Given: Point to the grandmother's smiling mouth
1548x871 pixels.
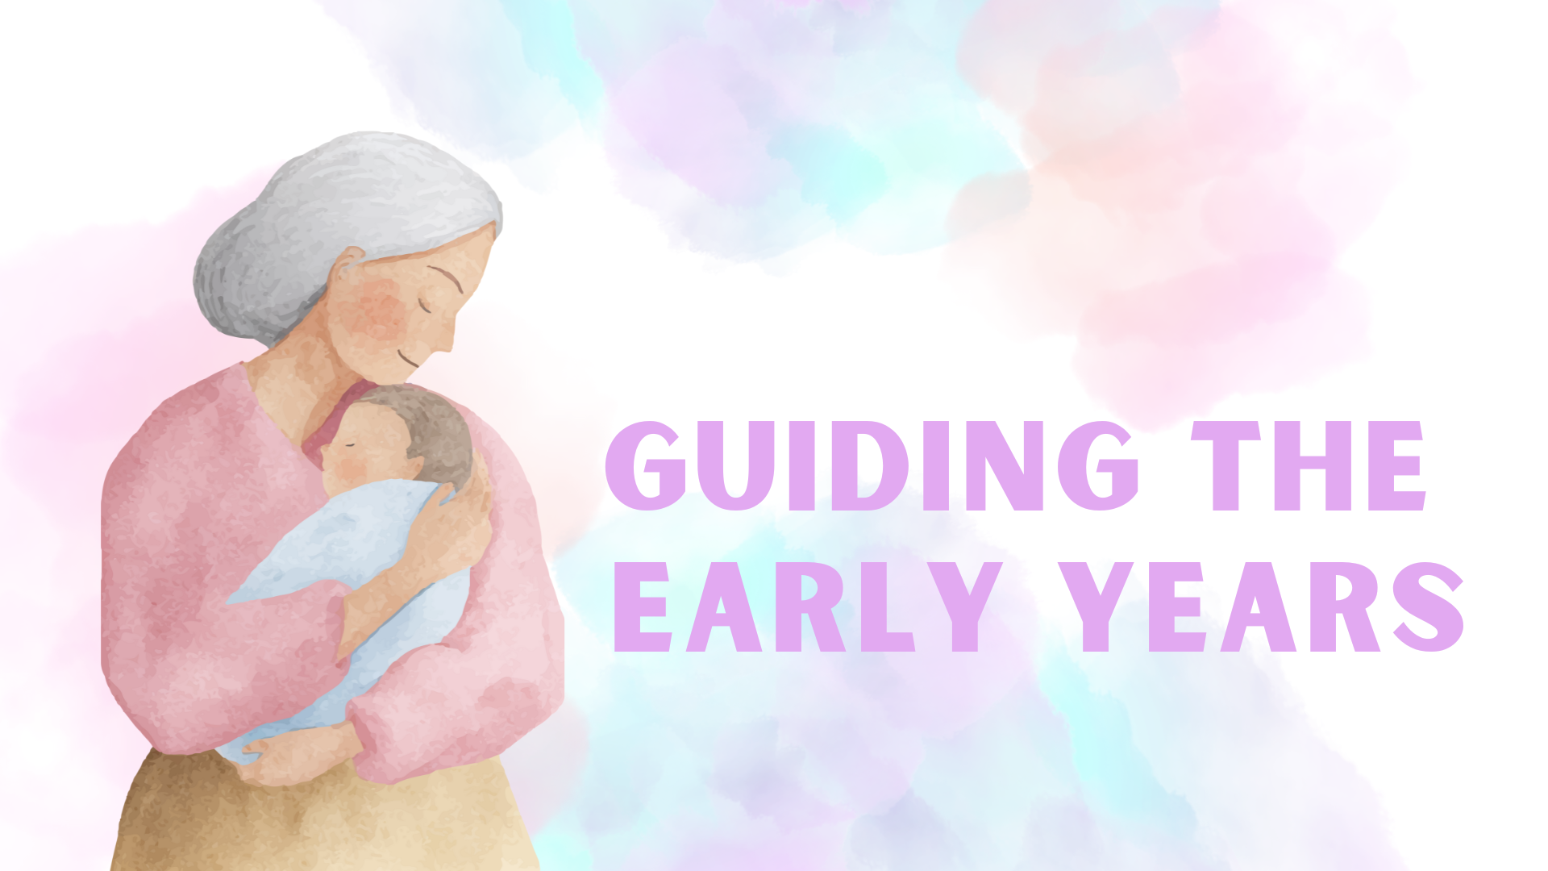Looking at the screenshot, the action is pos(410,358).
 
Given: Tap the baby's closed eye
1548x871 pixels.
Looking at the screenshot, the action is pos(351,444).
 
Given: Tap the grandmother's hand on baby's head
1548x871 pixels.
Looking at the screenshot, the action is pos(456,524).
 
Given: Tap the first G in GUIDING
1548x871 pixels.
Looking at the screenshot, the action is pos(647,466).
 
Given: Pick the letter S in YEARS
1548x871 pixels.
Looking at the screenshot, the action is pos(1428,606).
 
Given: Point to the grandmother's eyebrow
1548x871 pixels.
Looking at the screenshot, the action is pos(446,277).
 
